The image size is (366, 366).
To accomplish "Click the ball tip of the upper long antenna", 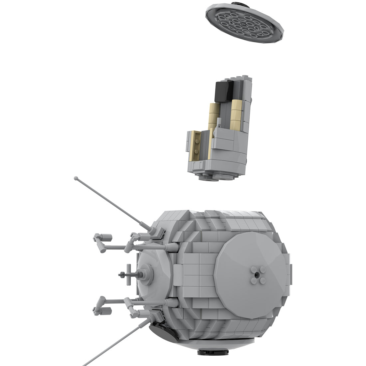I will tap(76, 178).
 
